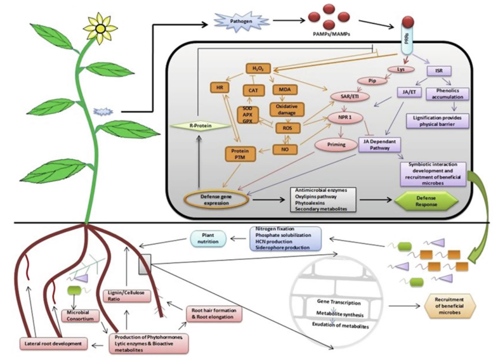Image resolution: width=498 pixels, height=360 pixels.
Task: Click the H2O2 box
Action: (258, 68)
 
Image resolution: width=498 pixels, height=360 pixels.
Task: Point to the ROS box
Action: (287, 129)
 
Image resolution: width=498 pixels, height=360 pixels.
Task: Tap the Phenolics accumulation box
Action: (449, 94)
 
